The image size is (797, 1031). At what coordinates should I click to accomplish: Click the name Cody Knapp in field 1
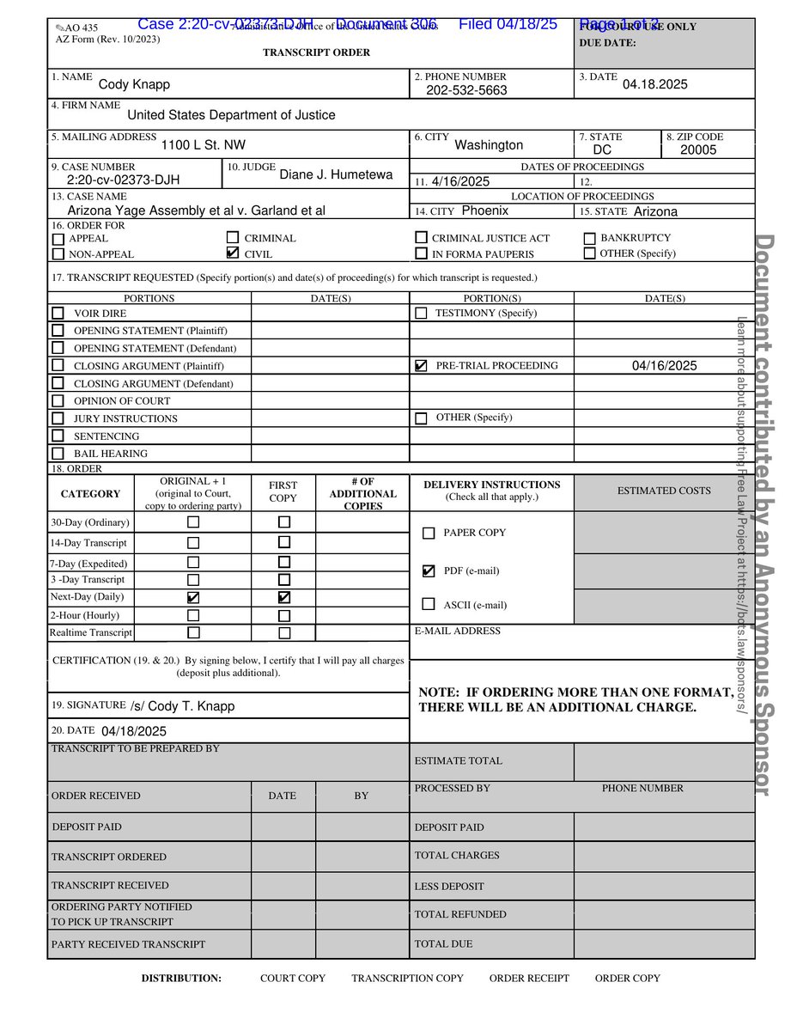click(x=134, y=84)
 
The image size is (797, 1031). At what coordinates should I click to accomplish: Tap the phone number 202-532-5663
click(x=466, y=90)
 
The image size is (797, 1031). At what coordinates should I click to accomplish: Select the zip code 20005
click(x=697, y=150)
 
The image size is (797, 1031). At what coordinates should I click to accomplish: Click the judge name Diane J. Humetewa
click(x=336, y=174)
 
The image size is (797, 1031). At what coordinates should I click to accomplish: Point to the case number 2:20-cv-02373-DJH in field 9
click(x=123, y=180)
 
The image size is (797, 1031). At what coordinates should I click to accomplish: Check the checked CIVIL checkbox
click(x=232, y=253)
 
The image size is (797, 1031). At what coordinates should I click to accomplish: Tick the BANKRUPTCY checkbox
click(x=589, y=238)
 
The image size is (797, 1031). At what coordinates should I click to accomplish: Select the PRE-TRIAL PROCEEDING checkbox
click(x=421, y=366)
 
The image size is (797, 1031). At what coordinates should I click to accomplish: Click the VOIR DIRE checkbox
click(x=58, y=314)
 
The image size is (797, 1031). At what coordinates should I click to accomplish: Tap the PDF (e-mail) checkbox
click(x=429, y=570)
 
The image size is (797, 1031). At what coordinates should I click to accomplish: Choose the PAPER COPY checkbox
click(x=429, y=533)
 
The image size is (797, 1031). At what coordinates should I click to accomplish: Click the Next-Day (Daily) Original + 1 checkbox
click(x=193, y=597)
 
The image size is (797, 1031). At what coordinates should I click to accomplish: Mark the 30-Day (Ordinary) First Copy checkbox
click(x=284, y=522)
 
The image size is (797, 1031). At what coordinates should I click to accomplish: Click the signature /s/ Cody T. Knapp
click(x=182, y=706)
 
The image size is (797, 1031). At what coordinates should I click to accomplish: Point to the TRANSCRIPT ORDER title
click(x=316, y=52)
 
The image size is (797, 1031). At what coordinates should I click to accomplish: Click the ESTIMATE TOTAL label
click(x=458, y=760)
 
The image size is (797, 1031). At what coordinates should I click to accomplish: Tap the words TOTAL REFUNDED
click(x=460, y=914)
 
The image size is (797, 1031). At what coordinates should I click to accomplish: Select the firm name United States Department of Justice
click(x=231, y=115)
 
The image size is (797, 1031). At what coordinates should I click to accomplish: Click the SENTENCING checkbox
click(x=58, y=436)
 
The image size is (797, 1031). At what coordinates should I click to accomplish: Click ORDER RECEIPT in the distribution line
click(x=529, y=978)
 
